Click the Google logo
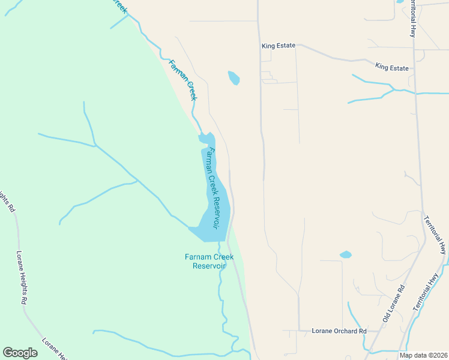(x=20, y=353)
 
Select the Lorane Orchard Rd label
(x=339, y=331)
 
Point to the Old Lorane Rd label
(x=394, y=302)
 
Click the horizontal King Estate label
(x=279, y=46)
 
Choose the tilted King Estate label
(x=391, y=67)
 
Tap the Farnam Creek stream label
(x=184, y=79)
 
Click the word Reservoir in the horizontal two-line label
(x=209, y=266)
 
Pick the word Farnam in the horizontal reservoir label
(x=197, y=257)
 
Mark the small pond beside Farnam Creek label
(x=234, y=78)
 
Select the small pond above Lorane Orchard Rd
(x=345, y=254)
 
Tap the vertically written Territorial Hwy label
(x=413, y=18)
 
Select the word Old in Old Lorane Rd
(x=386, y=314)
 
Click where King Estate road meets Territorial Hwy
(x=415, y=68)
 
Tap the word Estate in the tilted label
(x=399, y=68)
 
